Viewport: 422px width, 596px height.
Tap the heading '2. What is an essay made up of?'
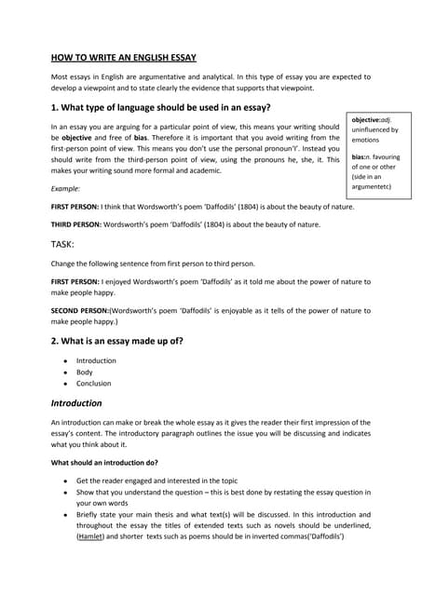[x=116, y=340]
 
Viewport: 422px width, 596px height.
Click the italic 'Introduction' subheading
[x=76, y=403]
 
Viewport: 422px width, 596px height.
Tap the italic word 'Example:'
[x=65, y=188]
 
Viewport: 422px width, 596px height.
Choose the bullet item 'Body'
[x=85, y=372]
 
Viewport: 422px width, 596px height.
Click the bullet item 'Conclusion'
[x=93, y=383]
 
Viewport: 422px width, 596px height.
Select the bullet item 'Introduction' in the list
[x=96, y=360]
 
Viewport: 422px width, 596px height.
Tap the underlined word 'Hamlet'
[x=90, y=537]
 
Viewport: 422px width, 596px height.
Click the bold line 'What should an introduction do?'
[x=104, y=462]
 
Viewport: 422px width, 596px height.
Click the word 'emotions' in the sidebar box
[x=367, y=141]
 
